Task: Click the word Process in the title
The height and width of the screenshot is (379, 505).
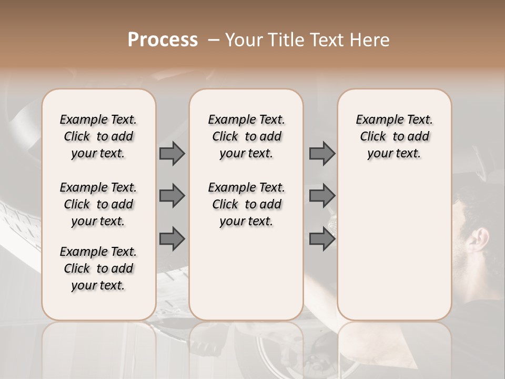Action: point(163,40)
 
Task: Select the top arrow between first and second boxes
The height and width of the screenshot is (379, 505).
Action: point(172,153)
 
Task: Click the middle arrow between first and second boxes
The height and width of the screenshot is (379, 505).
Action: point(172,196)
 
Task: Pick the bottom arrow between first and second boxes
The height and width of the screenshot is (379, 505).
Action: point(172,238)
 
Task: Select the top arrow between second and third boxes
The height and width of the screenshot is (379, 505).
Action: point(322,153)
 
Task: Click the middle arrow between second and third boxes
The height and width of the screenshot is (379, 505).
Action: point(322,196)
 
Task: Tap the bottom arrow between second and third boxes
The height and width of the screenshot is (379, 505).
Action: point(322,238)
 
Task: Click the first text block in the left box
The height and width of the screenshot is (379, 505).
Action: point(98,136)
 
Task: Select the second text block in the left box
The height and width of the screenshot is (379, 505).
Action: point(98,204)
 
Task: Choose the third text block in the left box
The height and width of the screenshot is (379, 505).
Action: point(98,268)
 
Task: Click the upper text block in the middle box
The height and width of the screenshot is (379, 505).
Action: point(246,136)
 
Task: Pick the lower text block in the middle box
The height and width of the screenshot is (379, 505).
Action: point(246,204)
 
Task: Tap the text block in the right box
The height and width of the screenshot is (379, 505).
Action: point(394,136)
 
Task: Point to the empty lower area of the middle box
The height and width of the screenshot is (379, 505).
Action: point(246,274)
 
